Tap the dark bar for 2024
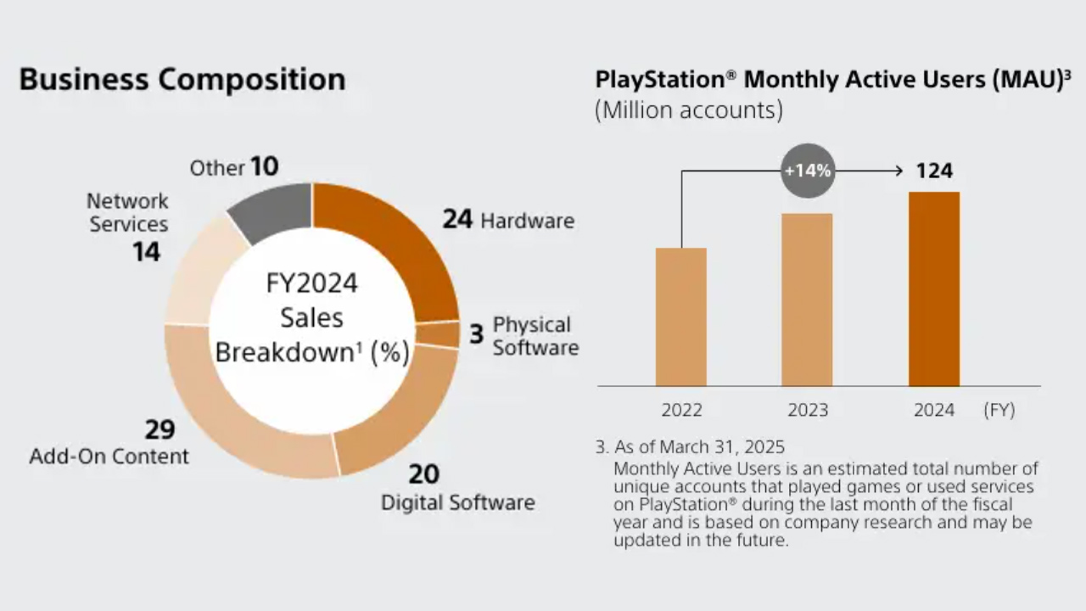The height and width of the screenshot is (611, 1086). (x=933, y=289)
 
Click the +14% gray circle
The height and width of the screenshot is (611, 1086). (x=808, y=171)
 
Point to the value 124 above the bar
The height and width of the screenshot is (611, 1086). (x=934, y=171)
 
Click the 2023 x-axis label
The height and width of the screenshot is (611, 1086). (x=807, y=410)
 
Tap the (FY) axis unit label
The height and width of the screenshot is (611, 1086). (x=999, y=410)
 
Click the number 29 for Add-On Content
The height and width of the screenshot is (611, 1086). (x=159, y=429)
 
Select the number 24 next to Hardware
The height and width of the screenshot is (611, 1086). (x=457, y=219)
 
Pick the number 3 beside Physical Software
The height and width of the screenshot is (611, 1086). (x=476, y=334)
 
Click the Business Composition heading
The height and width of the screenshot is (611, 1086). (x=182, y=80)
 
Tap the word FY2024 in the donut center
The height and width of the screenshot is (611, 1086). (x=311, y=283)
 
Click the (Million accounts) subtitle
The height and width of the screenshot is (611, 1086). (x=688, y=110)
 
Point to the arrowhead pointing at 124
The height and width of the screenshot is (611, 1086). (x=898, y=171)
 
